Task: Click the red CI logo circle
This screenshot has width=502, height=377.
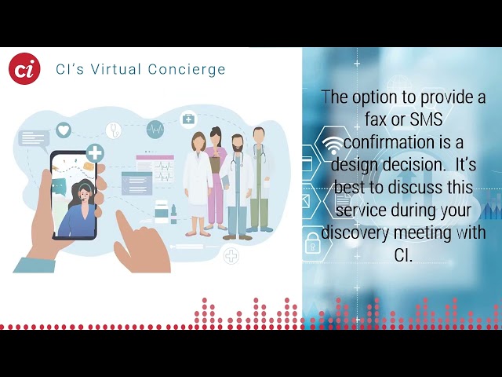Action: pos(24,68)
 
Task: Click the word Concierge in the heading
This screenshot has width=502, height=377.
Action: pos(187,70)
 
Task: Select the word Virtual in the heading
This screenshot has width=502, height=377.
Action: pos(116,69)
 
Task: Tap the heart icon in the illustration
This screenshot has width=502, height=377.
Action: pos(64,130)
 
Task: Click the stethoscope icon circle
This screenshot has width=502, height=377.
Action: pos(114,130)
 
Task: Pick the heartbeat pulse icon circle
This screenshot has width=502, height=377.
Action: pos(155,130)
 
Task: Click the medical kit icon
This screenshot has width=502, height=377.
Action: pos(188,119)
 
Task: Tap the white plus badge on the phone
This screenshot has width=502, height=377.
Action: pos(95,153)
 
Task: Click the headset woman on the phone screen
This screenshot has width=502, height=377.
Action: pos(79,208)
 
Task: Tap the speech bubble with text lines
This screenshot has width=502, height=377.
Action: pos(34,140)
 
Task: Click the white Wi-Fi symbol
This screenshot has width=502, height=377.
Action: pos(332,145)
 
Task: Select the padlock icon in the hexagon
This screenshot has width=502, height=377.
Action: pos(312,243)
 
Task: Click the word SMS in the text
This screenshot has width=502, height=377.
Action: pos(426,119)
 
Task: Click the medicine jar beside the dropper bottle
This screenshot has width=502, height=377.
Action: pos(161,211)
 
